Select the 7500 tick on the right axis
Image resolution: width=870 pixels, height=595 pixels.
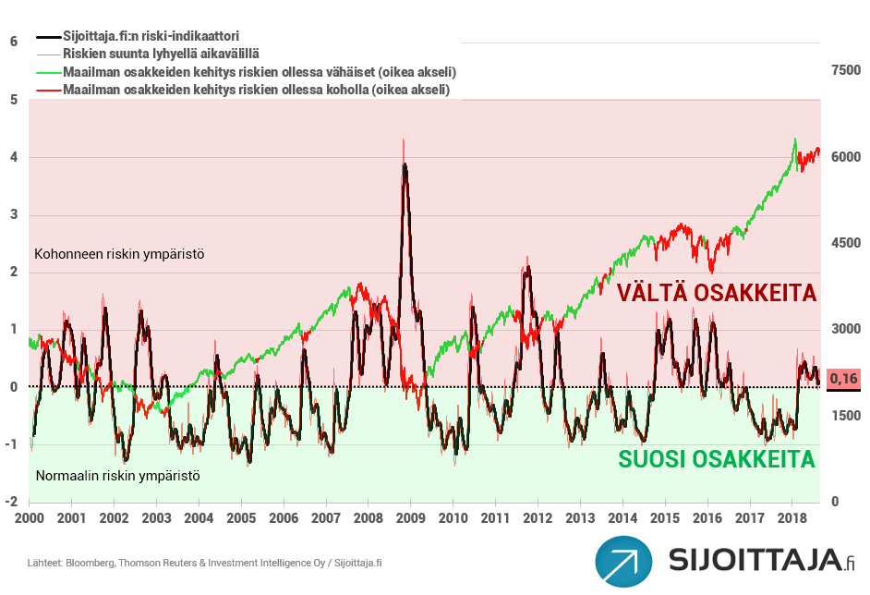point(845,70)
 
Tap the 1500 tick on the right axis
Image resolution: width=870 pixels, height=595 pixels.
point(845,416)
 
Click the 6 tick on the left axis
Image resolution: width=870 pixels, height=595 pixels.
point(13,42)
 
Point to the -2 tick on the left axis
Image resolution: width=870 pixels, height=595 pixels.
point(11,502)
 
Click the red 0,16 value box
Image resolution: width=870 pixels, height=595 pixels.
point(844,379)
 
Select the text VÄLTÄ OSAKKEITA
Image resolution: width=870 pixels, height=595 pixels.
point(717,293)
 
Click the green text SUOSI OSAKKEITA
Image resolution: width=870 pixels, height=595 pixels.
point(717,459)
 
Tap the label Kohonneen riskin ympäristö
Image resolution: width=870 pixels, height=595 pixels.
point(118,253)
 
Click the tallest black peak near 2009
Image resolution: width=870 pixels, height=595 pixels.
point(405,165)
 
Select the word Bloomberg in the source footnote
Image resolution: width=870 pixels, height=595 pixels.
point(94,562)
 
